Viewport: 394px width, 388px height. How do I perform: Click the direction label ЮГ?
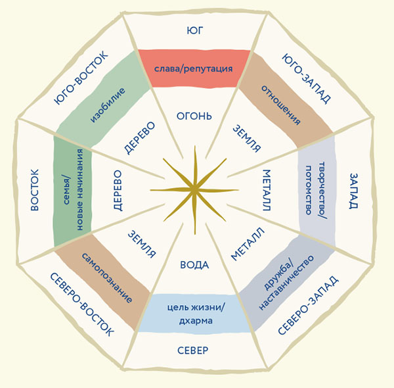[194, 30]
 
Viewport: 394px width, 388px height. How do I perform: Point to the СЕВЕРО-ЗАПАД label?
[307, 306]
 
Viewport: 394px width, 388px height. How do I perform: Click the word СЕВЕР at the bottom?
[193, 351]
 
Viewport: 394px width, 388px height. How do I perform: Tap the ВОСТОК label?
[34, 191]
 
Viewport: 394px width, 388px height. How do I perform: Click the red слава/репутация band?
[194, 68]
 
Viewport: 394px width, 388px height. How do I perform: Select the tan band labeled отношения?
[281, 104]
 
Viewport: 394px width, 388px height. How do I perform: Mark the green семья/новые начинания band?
[70, 191]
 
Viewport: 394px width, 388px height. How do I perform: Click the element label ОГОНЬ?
[194, 116]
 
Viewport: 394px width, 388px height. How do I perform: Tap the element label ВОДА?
[194, 265]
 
